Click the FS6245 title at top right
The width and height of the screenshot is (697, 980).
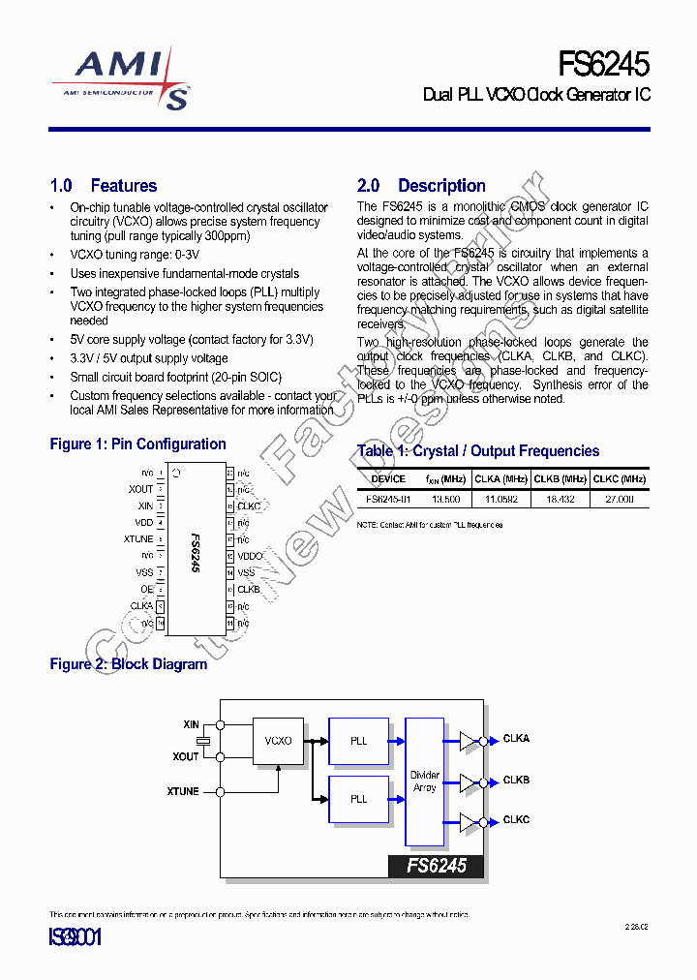603,64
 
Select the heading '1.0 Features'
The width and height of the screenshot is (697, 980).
103,186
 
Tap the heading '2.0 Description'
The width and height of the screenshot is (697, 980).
421,186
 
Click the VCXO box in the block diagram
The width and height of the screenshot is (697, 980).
278,741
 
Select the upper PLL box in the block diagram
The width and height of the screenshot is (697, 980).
359,741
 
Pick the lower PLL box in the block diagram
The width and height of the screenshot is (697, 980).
359,799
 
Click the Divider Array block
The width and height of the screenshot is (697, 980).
424,781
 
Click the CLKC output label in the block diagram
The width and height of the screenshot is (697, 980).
516,820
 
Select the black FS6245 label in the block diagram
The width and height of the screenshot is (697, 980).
436,866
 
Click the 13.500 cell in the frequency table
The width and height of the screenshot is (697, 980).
445,499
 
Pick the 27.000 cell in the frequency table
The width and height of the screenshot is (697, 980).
619,499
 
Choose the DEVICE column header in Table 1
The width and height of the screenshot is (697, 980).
388,478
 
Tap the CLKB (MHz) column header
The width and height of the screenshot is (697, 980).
561,478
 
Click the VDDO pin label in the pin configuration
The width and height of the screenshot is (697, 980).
250,556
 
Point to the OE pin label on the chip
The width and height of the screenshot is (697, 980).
146,589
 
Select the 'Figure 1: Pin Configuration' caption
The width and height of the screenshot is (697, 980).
137,444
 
